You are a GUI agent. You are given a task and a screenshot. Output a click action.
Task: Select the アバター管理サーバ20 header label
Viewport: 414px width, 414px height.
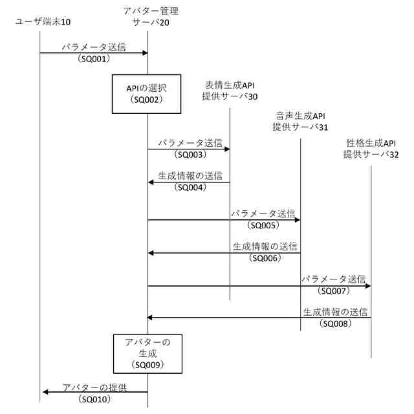point(151,16)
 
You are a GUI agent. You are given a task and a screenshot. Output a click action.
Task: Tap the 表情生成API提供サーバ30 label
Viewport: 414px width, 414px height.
point(231,91)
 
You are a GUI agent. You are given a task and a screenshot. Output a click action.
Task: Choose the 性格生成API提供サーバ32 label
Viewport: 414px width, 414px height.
point(371,149)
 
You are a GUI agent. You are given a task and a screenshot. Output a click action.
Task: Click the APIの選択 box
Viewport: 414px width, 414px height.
point(146,94)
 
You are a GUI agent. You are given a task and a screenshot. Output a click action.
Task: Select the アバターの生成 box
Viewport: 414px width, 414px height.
point(147,353)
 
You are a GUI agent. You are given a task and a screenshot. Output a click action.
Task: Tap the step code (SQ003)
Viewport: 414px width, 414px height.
point(190,155)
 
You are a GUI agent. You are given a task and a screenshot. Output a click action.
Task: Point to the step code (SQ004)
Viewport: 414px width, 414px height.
point(190,188)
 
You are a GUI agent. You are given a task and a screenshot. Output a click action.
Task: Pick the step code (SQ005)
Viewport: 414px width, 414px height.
point(263,225)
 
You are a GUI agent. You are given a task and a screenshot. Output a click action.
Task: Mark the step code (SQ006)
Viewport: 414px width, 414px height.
point(264,257)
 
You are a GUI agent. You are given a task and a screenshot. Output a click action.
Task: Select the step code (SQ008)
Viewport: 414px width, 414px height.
point(336,323)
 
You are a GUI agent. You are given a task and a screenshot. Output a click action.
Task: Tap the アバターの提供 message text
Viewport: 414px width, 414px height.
point(94,387)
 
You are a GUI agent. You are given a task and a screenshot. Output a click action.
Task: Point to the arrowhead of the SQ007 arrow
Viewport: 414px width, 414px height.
point(367,285)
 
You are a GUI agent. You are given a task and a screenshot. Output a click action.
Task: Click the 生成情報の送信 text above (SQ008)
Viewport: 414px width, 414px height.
point(336,312)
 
